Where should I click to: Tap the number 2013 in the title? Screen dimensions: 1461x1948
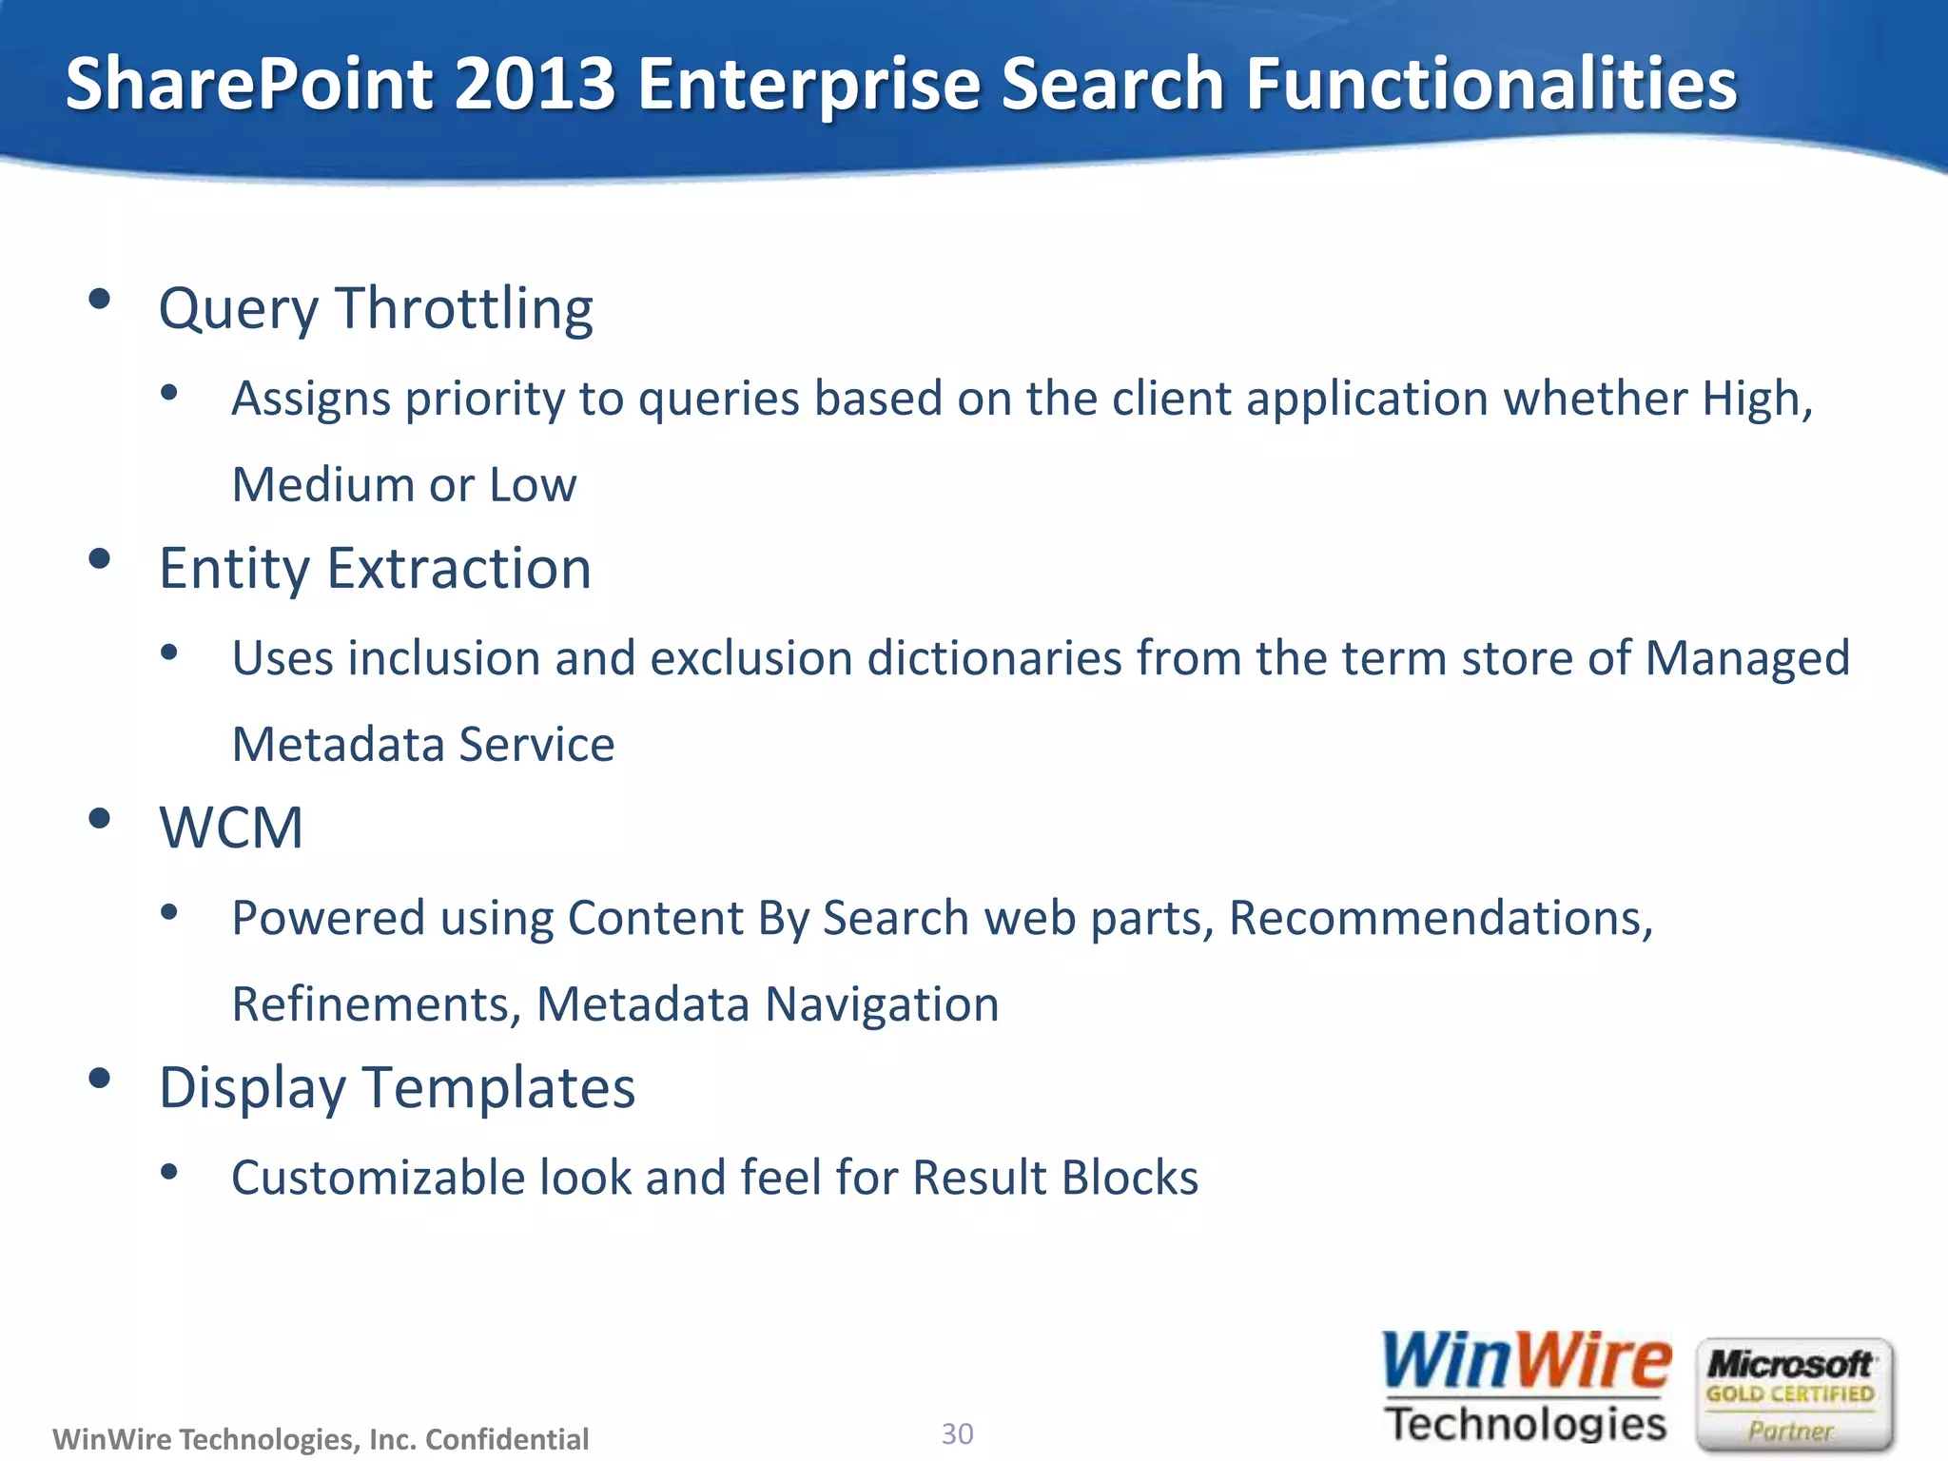(x=536, y=84)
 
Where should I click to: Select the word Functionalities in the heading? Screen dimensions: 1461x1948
(x=1490, y=84)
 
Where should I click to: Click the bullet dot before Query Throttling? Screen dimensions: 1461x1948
(x=99, y=301)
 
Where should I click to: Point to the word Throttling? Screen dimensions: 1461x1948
(x=464, y=309)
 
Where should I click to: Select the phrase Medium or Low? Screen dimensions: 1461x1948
(x=404, y=485)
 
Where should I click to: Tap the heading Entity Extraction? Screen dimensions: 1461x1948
(x=375, y=569)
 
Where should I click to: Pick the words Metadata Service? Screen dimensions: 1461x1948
(x=423, y=745)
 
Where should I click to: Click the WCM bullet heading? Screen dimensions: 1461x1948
(x=231, y=828)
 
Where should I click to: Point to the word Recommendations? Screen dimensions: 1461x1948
(x=1439, y=919)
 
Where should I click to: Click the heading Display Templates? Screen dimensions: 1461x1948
(x=397, y=1088)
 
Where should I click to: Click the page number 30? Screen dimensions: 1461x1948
(x=957, y=1433)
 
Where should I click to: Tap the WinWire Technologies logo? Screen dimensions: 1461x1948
(x=1526, y=1389)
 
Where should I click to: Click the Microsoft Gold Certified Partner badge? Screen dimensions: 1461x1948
(x=1794, y=1394)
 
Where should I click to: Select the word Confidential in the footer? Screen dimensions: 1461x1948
(x=507, y=1439)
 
